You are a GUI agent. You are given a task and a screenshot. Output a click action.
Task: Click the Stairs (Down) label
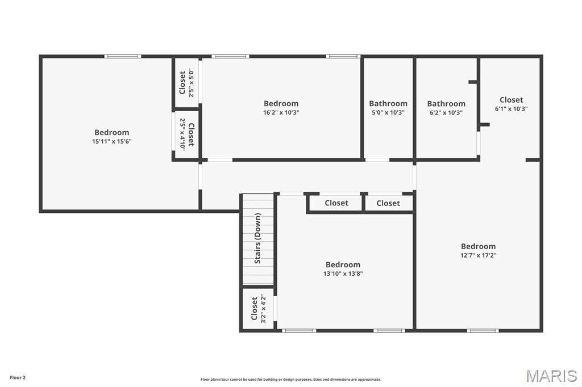pos(257,238)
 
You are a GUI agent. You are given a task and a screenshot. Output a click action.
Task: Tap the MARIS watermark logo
pos(551,376)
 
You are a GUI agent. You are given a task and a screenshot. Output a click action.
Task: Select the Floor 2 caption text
pos(18,378)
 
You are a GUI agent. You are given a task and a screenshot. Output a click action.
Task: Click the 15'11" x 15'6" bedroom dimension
pos(112,141)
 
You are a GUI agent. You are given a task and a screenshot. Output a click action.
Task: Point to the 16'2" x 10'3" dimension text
pos(281,112)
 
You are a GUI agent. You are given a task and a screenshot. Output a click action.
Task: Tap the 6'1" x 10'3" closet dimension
pos(511,108)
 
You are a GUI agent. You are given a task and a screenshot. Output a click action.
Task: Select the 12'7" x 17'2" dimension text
pos(478,255)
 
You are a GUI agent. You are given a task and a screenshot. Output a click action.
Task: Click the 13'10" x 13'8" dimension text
pos(343,274)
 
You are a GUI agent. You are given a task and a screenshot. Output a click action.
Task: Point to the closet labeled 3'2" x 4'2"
pos(259,309)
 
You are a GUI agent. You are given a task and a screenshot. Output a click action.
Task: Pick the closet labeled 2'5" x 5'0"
pos(186,83)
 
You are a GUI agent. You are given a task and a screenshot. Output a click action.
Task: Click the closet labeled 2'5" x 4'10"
pos(186,134)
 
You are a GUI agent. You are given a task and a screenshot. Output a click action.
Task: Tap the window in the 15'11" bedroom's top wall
pos(123,56)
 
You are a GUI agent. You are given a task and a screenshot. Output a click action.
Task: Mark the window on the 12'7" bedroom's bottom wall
pos(483,330)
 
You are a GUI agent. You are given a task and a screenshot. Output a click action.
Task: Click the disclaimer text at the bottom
pos(291,379)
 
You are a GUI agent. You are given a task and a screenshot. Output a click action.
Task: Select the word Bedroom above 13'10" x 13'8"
pos(343,264)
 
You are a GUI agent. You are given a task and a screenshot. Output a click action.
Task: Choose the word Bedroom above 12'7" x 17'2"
pos(478,246)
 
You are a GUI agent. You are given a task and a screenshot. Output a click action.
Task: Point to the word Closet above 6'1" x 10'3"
pos(511,100)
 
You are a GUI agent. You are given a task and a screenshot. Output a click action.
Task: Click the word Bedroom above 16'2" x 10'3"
pos(281,103)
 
